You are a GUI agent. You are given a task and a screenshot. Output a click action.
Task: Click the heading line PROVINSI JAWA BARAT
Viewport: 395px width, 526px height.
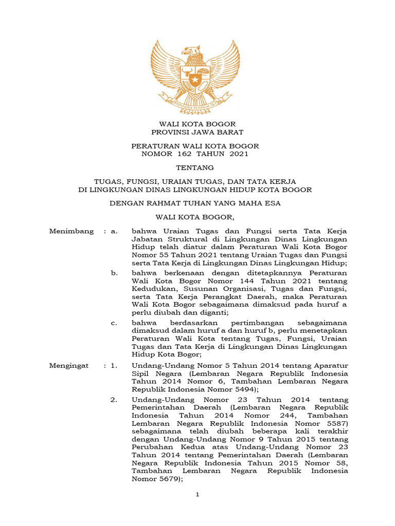point(197,132)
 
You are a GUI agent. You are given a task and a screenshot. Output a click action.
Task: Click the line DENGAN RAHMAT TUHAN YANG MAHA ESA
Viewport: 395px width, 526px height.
point(195,203)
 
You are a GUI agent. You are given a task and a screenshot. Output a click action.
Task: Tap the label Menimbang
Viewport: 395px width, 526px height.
point(71,232)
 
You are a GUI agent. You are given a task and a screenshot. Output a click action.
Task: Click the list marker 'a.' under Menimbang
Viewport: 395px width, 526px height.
point(114,232)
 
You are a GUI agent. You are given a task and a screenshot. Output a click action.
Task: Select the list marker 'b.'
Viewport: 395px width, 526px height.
point(114,273)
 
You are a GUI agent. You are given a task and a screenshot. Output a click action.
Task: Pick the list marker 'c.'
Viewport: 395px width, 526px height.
point(114,323)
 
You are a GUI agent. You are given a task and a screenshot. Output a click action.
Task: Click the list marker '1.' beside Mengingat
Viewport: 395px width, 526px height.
point(114,365)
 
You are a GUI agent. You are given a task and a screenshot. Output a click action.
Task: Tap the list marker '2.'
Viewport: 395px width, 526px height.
point(114,399)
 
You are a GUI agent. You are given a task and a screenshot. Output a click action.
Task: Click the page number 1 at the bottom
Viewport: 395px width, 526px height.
point(197,495)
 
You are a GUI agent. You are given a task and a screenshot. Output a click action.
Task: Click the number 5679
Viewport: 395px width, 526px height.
point(168,479)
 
